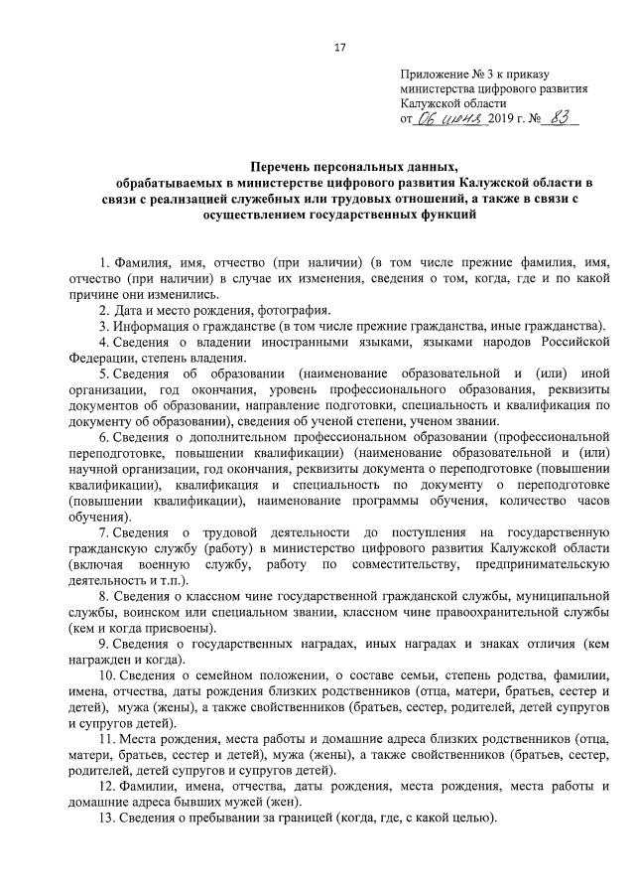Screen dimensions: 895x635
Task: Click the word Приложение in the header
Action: pyautogui.click(x=434, y=75)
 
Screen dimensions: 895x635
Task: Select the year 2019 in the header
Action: pyautogui.click(x=501, y=119)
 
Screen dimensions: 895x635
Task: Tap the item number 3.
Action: pyautogui.click(x=103, y=326)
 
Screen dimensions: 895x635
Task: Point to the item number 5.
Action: pyautogui.click(x=103, y=373)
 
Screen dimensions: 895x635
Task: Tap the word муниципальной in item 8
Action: pyautogui.click(x=561, y=597)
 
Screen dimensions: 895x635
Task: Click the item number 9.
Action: pyautogui.click(x=103, y=645)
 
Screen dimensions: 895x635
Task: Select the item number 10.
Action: pyautogui.click(x=107, y=676)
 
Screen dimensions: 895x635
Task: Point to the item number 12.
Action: pyautogui.click(x=107, y=788)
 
